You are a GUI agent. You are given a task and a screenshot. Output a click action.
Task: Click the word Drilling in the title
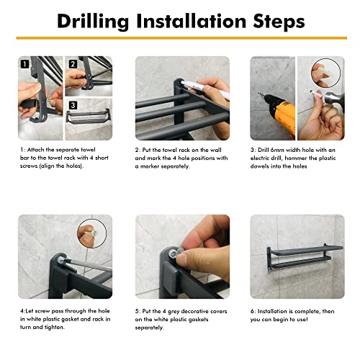coord(93,22)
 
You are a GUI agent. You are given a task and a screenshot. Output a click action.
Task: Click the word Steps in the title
coord(279,21)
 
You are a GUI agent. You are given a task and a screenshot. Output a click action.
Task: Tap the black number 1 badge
coord(24,64)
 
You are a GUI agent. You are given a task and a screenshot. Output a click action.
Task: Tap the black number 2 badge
coord(73,64)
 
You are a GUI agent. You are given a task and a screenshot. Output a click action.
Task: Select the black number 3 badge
coord(73,105)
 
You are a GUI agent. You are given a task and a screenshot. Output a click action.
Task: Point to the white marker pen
coord(204,89)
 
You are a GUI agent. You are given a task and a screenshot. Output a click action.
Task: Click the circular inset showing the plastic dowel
coord(325,73)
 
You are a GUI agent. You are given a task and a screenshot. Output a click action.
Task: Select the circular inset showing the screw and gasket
coord(92,233)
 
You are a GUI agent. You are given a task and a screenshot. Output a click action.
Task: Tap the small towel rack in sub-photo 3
coord(89,117)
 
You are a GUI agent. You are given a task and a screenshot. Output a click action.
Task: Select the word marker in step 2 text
coord(150,166)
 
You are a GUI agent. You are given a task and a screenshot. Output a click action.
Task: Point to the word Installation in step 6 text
coord(272,311)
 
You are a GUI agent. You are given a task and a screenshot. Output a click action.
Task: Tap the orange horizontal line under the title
coord(181,38)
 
